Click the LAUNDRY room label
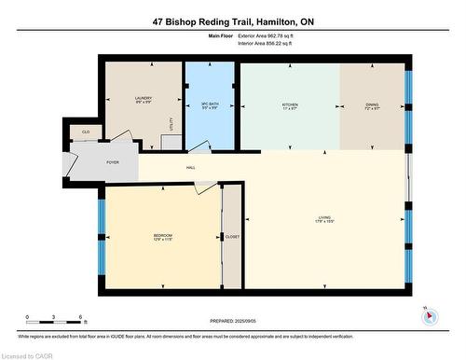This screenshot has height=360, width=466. pyautogui.click(x=144, y=98)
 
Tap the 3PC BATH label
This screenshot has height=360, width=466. pyautogui.click(x=211, y=104)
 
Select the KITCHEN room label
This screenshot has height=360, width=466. pyautogui.click(x=290, y=104)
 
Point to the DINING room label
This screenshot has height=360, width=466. pyautogui.click(x=372, y=104)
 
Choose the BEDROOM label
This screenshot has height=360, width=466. pyautogui.click(x=163, y=235)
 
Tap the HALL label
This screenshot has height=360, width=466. pyautogui.click(x=190, y=168)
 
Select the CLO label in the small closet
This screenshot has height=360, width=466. pyautogui.click(x=86, y=132)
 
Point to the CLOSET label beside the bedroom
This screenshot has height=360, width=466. pyautogui.click(x=232, y=237)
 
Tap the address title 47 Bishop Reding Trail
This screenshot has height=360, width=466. pyautogui.click(x=232, y=21)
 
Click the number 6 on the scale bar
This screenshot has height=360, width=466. pyautogui.click(x=81, y=318)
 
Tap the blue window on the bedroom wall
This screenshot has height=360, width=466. pyautogui.click(x=100, y=228)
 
